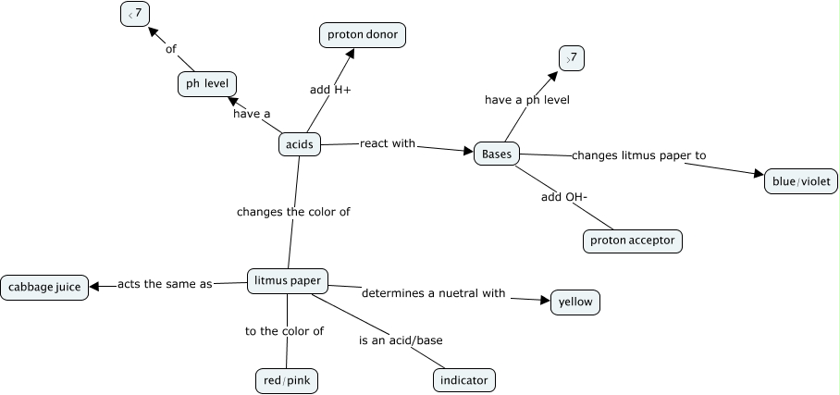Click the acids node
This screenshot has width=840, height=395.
(299, 144)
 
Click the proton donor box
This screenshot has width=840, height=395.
(363, 35)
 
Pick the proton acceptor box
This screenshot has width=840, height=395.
(633, 241)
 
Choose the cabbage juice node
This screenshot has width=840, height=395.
(44, 287)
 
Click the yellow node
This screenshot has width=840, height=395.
(575, 302)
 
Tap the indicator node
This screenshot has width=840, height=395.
(464, 380)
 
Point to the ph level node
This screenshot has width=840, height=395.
(207, 84)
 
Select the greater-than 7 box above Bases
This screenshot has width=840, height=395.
(572, 58)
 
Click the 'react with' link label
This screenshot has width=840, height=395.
(387, 144)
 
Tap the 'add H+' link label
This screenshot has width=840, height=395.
(330, 90)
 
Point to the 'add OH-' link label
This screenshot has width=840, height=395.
(563, 198)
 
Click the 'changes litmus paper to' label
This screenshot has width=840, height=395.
(638, 155)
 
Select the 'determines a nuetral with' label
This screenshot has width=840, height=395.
(433, 293)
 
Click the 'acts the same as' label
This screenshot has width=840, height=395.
(165, 284)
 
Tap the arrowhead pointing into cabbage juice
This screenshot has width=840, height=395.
(97, 286)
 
